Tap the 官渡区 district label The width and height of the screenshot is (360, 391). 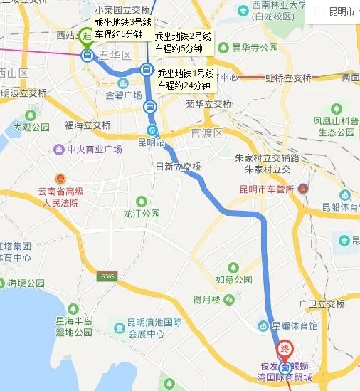pos(207,133)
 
